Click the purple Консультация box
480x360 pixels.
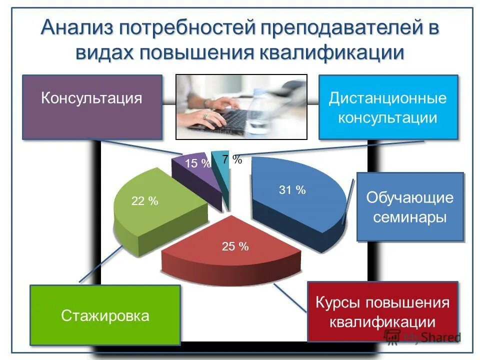(92, 107)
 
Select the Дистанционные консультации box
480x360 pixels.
(388, 107)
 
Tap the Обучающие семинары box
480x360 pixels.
(410, 207)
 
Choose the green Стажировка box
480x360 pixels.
(105, 315)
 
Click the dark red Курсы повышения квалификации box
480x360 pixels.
(382, 311)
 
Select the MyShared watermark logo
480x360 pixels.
(422, 337)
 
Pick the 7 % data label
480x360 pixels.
(232, 159)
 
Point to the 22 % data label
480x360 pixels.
(144, 201)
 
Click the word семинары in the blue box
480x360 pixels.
(410, 218)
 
